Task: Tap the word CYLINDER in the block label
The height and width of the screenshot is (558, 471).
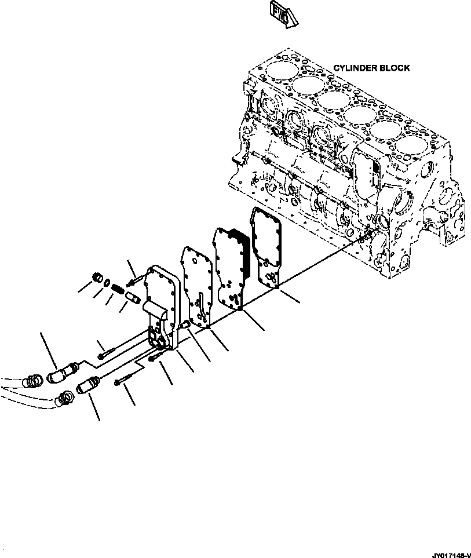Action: coord(355,68)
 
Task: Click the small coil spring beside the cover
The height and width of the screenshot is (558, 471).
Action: coord(115,286)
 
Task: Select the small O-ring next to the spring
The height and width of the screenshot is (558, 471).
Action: coord(107,282)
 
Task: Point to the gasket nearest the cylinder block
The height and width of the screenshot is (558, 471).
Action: coord(266,246)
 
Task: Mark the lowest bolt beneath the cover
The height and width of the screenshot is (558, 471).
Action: coord(124,381)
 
